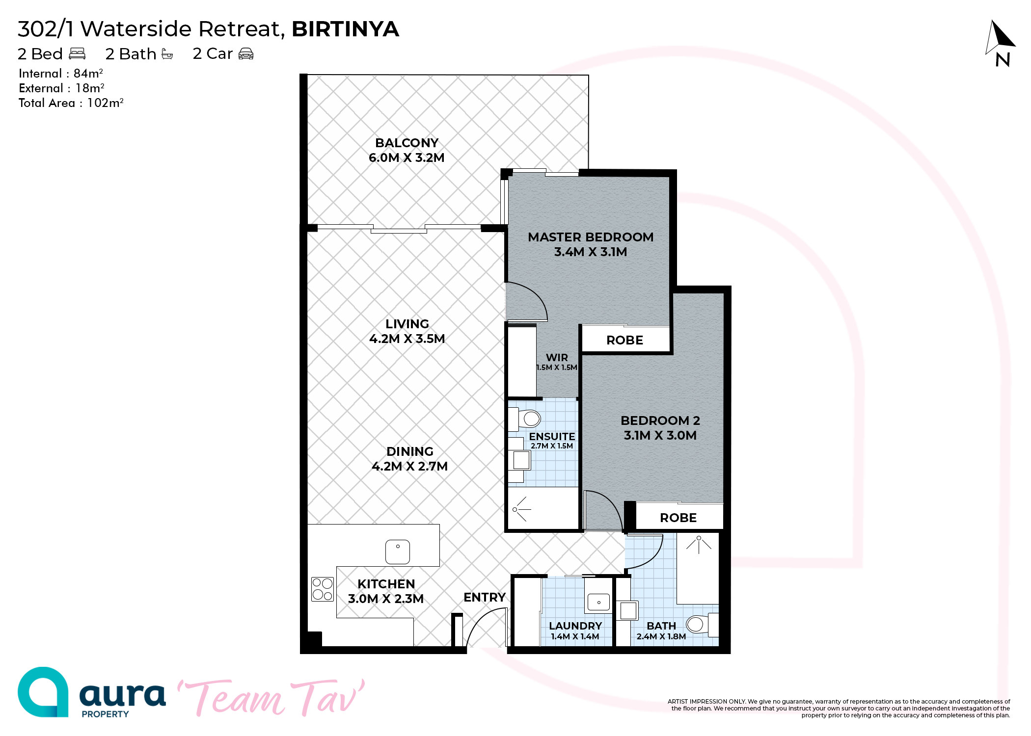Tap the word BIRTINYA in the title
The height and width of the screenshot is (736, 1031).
coord(345,29)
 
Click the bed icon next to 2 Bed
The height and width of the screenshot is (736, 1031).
coord(77,53)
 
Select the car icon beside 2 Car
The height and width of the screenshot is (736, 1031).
coord(246,53)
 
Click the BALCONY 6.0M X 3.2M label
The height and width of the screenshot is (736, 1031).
coord(407,150)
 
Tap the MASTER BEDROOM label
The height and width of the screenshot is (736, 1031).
coord(591,237)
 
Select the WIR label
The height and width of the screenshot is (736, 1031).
coord(557,358)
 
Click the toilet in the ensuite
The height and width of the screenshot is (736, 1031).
coord(525,419)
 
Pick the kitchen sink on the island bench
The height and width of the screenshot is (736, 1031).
coord(398,552)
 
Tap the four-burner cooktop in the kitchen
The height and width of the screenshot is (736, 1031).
coord(322,589)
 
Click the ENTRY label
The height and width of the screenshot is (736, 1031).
coord(485,597)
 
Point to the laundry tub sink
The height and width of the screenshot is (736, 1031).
coord(598,602)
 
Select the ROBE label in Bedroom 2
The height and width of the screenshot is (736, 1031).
coord(678,518)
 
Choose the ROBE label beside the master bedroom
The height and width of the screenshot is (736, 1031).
coord(624,340)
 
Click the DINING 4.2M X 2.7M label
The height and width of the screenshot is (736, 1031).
coord(409,459)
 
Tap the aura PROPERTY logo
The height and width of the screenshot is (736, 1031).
coord(92,692)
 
